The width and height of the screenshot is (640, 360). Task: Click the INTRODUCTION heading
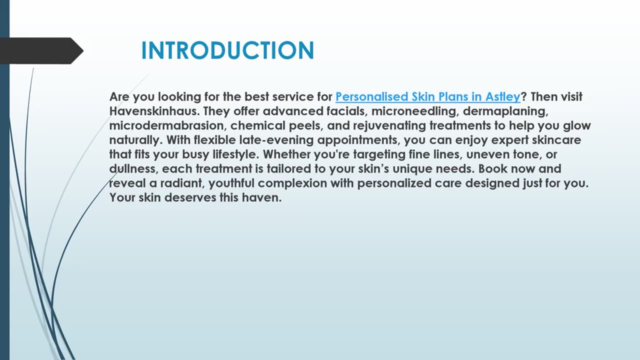point(227,51)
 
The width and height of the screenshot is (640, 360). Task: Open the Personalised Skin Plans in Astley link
point(427,96)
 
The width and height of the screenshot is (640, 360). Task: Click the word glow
point(577,125)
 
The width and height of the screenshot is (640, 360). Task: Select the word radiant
point(182,183)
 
